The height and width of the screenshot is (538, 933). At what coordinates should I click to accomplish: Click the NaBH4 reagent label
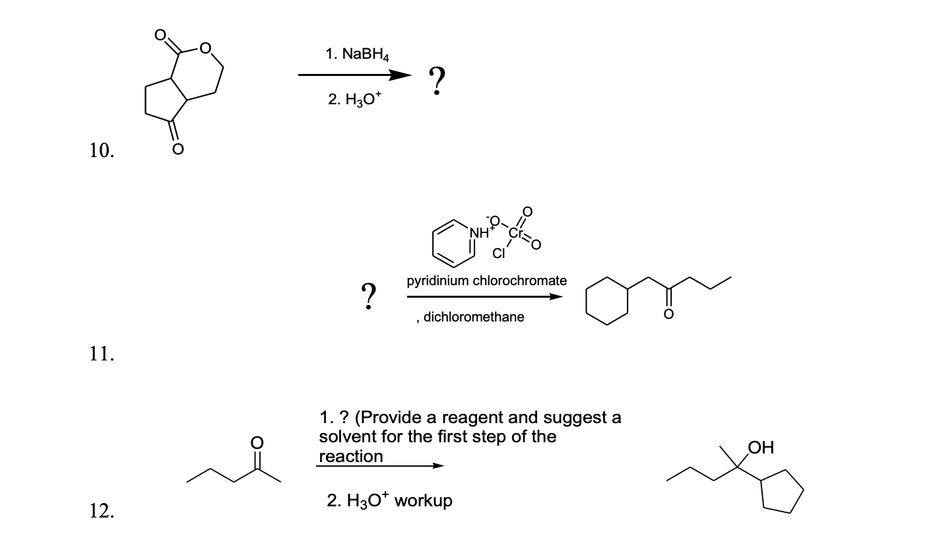357,55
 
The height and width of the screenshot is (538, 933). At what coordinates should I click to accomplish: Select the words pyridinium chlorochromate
486,281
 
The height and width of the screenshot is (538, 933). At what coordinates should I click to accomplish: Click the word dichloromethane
474,317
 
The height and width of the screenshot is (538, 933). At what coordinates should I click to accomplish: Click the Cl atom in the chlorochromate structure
499,253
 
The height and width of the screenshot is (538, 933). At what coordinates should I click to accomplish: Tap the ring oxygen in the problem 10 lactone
205,48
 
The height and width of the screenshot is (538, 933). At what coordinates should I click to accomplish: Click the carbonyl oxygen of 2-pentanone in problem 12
258,440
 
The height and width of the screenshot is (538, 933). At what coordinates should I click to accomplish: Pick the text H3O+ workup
389,501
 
